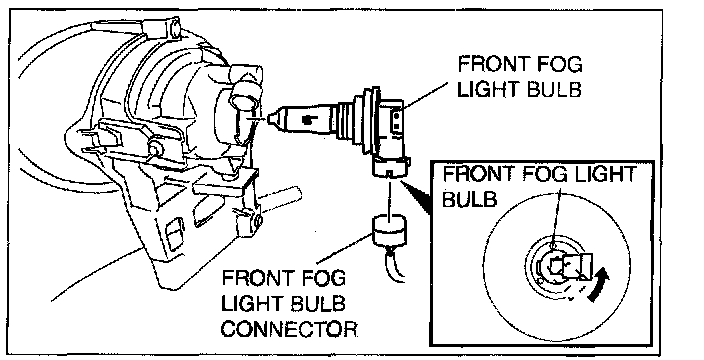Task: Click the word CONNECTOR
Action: pyautogui.click(x=289, y=329)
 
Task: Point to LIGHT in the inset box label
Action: pyautogui.click(x=610, y=174)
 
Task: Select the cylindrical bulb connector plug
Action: pyautogui.click(x=389, y=230)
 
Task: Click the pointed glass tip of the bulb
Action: pyautogui.click(x=272, y=119)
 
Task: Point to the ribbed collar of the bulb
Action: pyautogui.click(x=347, y=121)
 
